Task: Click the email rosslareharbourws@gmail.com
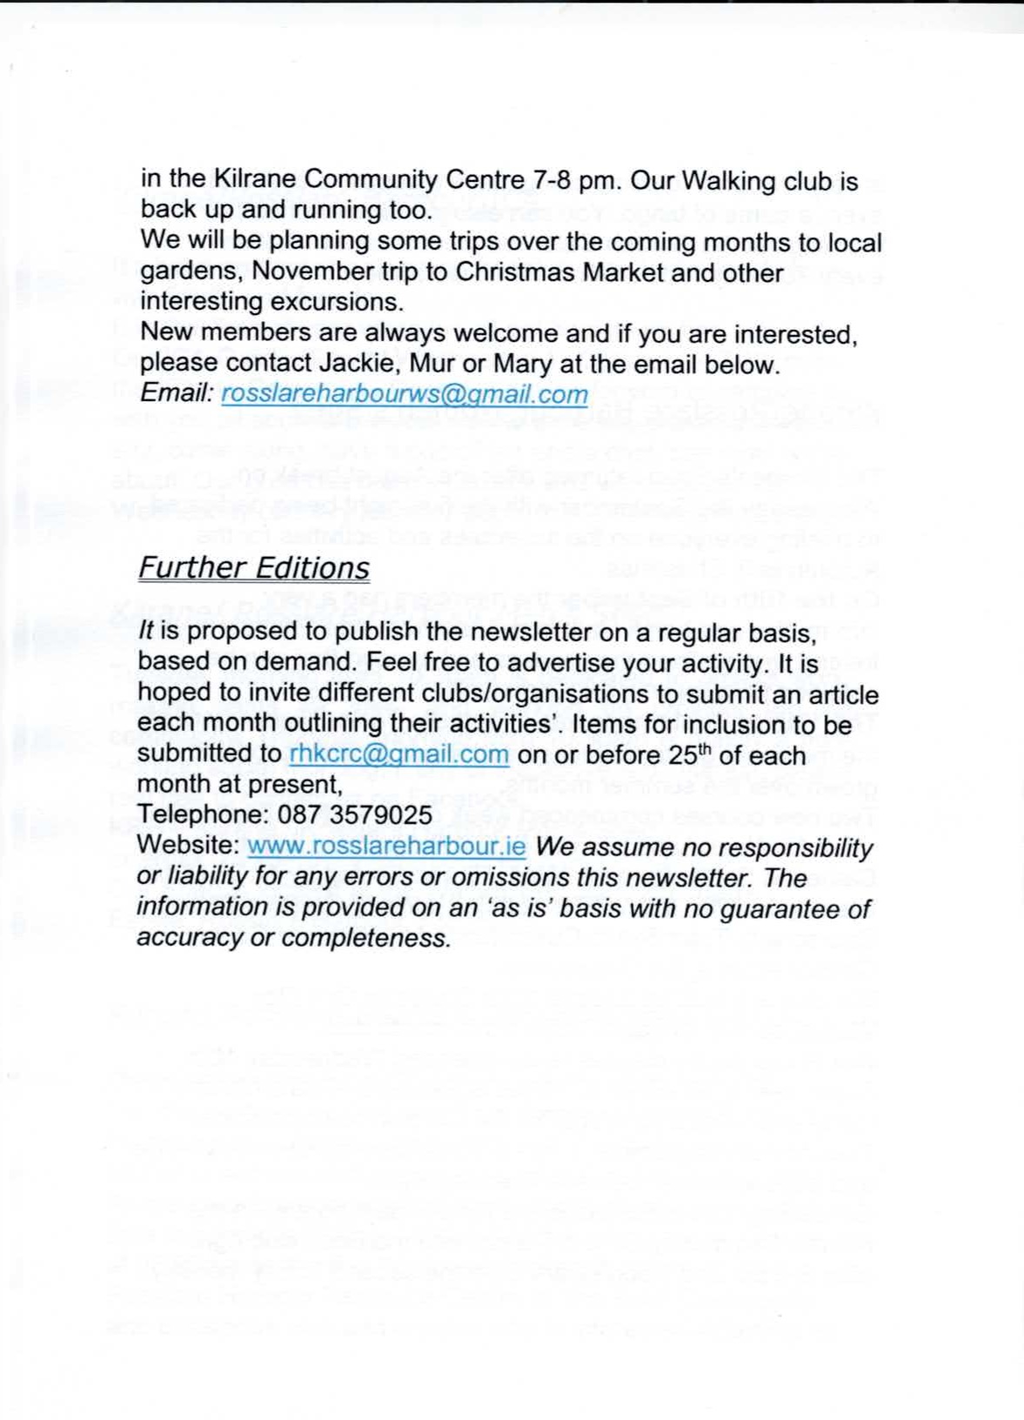[x=405, y=394]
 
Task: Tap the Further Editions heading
[x=253, y=567]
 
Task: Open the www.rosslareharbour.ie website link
[x=386, y=846]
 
